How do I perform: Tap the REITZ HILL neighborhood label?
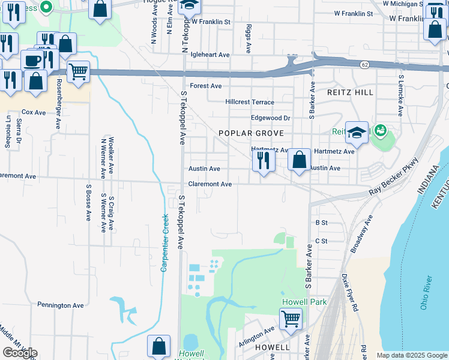pyautogui.click(x=350, y=92)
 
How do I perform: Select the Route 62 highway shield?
pyautogui.click(x=364, y=64)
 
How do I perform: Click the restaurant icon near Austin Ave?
pyautogui.click(x=262, y=160)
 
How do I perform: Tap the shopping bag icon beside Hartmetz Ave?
pyautogui.click(x=298, y=160)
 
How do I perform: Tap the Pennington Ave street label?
pyautogui.click(x=61, y=305)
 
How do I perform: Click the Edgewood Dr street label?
pyautogui.click(x=270, y=118)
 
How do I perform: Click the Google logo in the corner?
pyautogui.click(x=20, y=353)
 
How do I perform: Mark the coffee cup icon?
pyautogui.click(x=32, y=61)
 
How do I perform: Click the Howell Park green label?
pyautogui.click(x=305, y=302)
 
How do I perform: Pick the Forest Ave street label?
pyautogui.click(x=206, y=86)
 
